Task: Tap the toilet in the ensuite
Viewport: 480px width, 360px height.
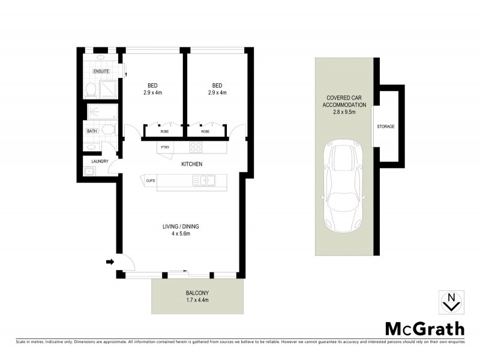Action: (90, 90)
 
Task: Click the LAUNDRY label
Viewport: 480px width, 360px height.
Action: (100, 161)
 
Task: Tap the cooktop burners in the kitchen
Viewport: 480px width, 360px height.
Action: (196, 147)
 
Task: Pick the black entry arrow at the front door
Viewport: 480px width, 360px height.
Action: (110, 261)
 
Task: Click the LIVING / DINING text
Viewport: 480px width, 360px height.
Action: (180, 226)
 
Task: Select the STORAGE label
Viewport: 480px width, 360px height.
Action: (386, 127)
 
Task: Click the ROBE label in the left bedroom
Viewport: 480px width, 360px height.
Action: (163, 131)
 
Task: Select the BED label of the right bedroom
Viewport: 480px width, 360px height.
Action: (217, 85)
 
